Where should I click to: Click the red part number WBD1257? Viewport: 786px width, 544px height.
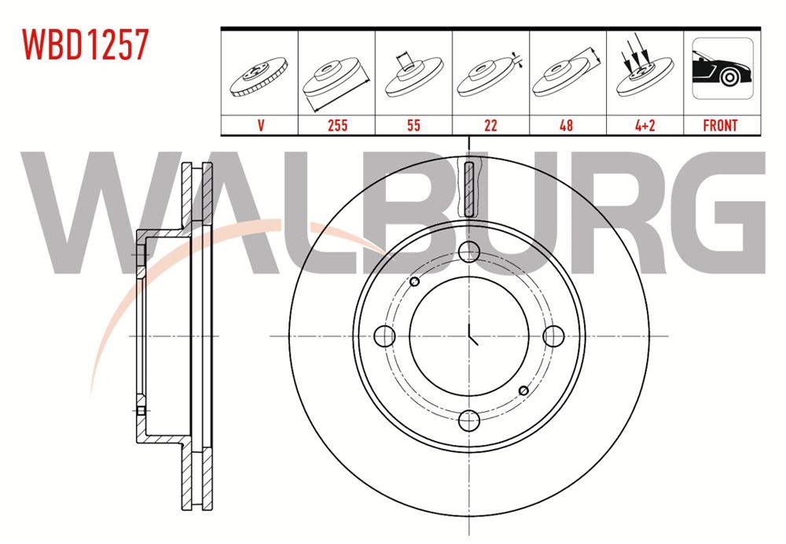(85, 44)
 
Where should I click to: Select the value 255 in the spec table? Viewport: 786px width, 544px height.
(337, 125)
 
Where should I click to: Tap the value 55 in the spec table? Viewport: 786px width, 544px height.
(413, 125)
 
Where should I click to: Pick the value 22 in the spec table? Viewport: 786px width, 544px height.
(490, 125)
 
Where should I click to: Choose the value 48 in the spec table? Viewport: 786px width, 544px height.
(567, 125)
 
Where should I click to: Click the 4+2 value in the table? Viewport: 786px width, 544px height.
(645, 125)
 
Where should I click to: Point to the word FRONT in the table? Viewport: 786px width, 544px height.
(720, 125)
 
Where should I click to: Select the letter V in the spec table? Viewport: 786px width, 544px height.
(261, 125)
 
